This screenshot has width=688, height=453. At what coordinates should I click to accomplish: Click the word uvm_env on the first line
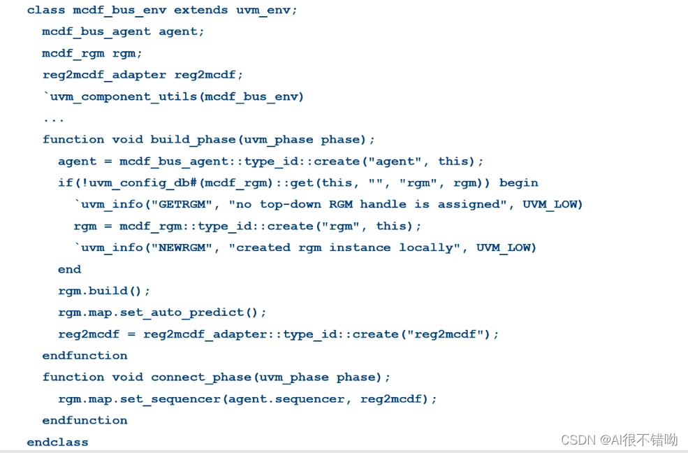(x=267, y=10)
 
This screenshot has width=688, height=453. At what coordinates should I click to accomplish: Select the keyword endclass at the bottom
(x=57, y=442)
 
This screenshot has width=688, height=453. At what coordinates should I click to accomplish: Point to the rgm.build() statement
(x=104, y=291)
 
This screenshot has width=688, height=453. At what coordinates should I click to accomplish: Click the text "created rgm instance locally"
(x=344, y=247)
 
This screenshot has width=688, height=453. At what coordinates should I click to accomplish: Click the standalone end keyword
(x=69, y=269)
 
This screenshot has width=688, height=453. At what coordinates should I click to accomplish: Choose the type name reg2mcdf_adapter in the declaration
(x=104, y=75)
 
